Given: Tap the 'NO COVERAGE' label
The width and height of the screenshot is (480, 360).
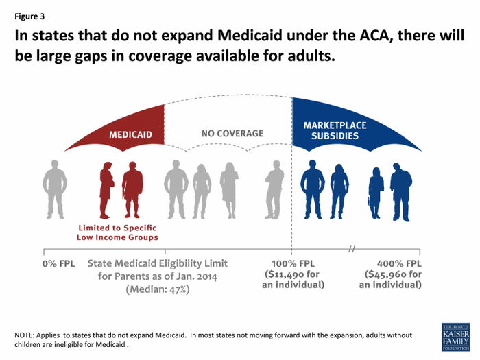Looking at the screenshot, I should [232, 133].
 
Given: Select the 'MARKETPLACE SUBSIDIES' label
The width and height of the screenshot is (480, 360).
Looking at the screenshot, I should [335, 131].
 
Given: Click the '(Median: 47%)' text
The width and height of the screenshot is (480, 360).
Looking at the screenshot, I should [157, 289].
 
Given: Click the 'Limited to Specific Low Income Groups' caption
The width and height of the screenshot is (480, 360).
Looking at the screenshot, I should [118, 232].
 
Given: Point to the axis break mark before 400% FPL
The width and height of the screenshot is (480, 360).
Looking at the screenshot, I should [351, 248].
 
